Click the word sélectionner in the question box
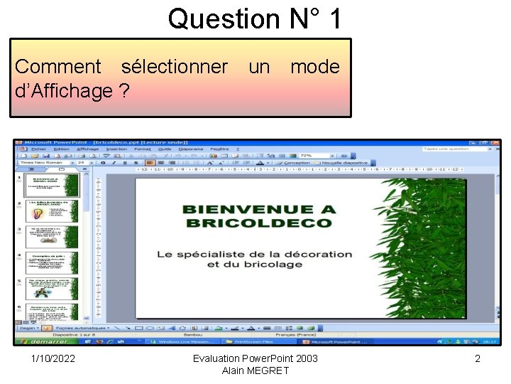[175, 68]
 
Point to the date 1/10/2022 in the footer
[54, 358]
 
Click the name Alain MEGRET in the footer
[255, 370]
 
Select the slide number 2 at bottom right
[478, 358]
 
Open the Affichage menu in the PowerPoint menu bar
[88, 149]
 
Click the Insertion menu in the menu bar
[116, 149]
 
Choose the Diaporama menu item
[190, 149]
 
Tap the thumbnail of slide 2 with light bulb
[50, 213]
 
